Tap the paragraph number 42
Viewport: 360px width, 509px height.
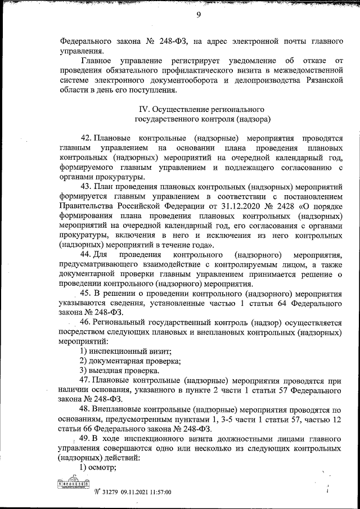87,138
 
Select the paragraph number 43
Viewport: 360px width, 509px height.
87,186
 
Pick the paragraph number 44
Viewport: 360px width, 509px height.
87,255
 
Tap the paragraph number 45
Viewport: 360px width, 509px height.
87,294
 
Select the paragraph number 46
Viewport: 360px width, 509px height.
87,323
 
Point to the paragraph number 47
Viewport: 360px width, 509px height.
87,381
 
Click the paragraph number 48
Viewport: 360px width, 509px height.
87,409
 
